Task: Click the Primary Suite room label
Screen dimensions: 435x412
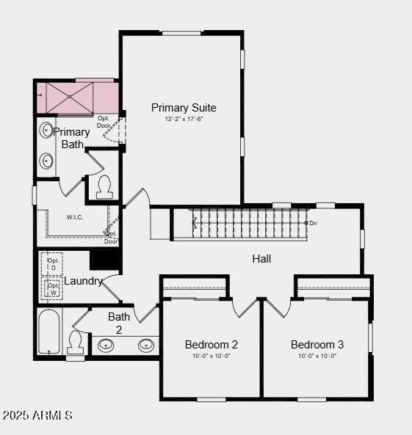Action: [x=184, y=108]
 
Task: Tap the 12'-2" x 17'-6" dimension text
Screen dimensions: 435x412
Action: [x=184, y=119]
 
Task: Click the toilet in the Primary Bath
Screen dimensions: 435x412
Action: [x=104, y=187]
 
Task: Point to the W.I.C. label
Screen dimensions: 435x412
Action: [x=75, y=217]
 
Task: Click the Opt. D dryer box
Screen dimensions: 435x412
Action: [x=53, y=263]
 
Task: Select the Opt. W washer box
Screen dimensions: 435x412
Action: [x=53, y=288]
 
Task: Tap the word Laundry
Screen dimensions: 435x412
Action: [x=83, y=281]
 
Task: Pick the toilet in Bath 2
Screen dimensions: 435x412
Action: [x=75, y=341]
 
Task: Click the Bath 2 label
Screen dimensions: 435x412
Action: [x=119, y=323]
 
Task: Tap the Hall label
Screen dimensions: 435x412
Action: [x=261, y=259]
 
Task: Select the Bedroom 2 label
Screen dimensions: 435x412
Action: [x=211, y=345]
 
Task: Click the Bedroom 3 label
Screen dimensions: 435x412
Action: [x=317, y=345]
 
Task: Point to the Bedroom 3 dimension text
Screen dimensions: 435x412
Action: [x=317, y=356]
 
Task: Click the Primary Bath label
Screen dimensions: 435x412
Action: [x=72, y=138]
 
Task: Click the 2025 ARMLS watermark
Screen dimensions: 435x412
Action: [x=37, y=415]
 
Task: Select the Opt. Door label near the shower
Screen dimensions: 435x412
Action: [x=104, y=121]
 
